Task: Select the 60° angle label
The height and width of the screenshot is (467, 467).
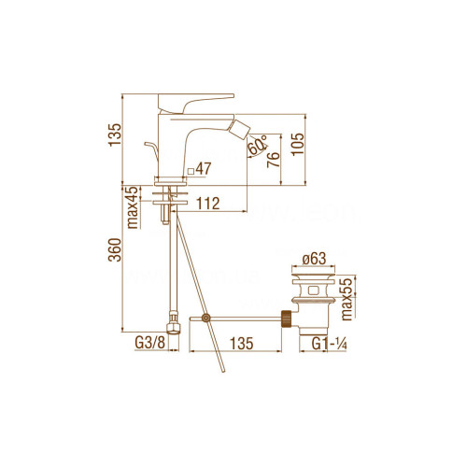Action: point(258,146)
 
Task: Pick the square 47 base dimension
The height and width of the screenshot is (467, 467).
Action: point(201,171)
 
